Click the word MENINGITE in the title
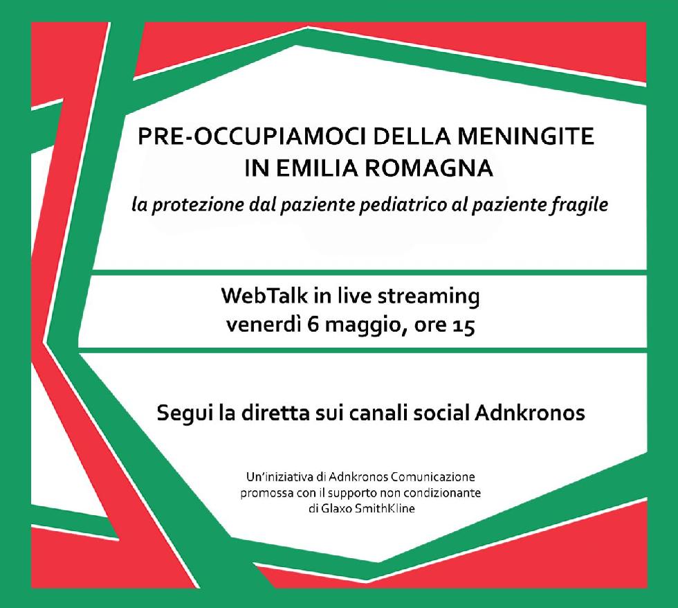point(525,136)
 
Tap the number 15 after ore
point(464,326)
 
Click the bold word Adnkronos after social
point(530,413)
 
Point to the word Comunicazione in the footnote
point(433,477)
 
